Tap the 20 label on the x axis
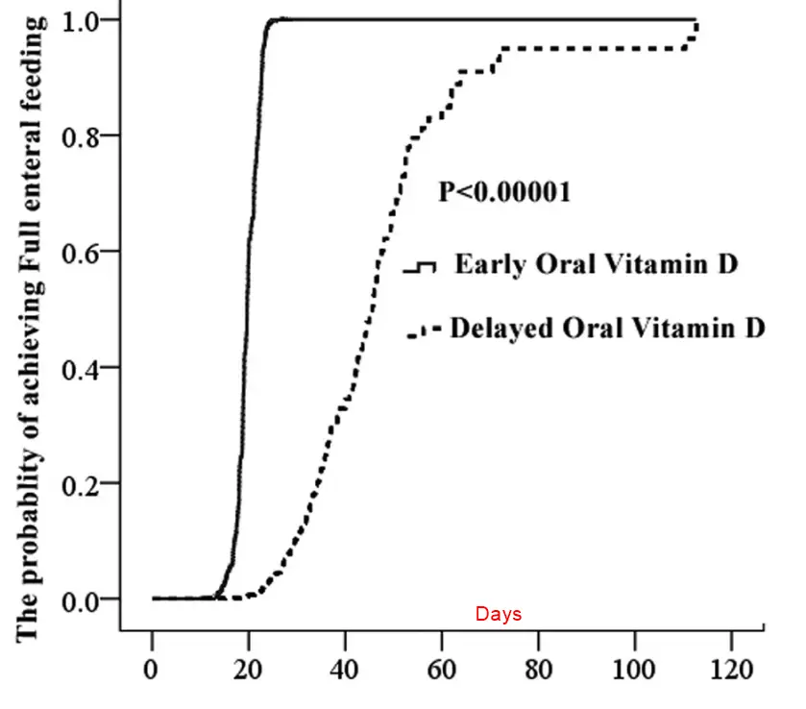point(249,667)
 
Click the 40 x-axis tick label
point(346,667)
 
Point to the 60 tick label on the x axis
point(442,667)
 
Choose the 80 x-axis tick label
point(539,667)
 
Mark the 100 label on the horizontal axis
point(635,667)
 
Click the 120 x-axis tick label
point(732,667)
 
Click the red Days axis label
point(499,614)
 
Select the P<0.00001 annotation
point(504,192)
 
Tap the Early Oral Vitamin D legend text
point(596,264)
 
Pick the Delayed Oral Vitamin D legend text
point(607,328)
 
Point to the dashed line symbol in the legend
point(423,331)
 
